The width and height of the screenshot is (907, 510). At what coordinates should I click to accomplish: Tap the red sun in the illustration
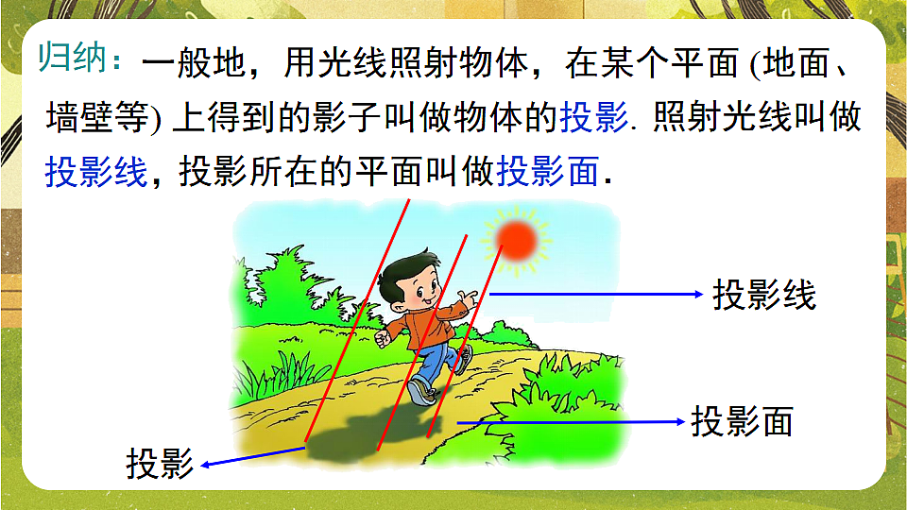pyautogui.click(x=516, y=240)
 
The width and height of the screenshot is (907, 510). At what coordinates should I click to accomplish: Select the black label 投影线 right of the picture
pyautogui.click(x=763, y=296)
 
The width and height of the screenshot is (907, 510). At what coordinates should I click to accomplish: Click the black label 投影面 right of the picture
pyautogui.click(x=742, y=421)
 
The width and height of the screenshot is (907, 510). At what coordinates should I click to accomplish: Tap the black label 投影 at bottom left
pyautogui.click(x=160, y=465)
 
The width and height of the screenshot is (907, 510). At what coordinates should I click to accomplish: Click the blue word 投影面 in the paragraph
pyautogui.click(x=547, y=173)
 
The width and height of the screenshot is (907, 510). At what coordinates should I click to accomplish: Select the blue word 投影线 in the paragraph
pyautogui.click(x=96, y=173)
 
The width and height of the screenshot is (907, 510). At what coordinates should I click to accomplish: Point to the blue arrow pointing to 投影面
pyautogui.click(x=567, y=421)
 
